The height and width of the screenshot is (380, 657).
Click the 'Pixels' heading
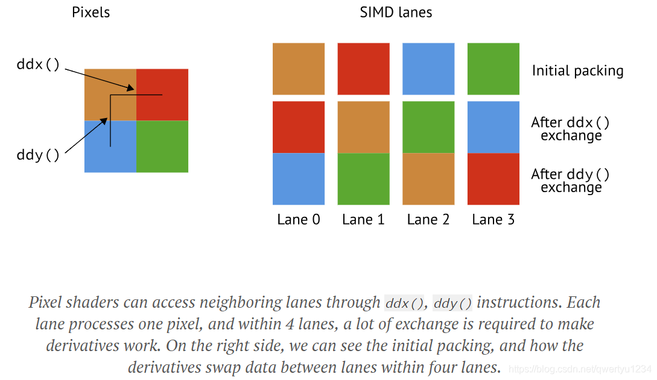click(91, 13)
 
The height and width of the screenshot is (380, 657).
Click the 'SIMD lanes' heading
click(396, 13)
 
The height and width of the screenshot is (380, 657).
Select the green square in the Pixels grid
click(162, 146)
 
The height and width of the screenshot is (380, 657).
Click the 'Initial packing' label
click(577, 71)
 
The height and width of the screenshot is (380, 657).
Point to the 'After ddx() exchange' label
click(571, 129)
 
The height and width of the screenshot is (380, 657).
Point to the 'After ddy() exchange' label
click(571, 181)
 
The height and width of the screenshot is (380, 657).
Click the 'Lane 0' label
click(299, 220)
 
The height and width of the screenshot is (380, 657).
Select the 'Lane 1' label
click(363, 220)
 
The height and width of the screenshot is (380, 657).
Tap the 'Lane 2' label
click(428, 220)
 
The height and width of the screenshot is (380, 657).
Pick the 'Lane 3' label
click(494, 220)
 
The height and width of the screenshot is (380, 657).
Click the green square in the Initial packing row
click(494, 69)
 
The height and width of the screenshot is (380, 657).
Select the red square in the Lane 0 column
click(299, 127)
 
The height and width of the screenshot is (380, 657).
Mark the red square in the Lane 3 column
click(494, 179)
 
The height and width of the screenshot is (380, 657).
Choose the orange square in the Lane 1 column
click(363, 127)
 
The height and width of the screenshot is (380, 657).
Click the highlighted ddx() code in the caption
click(405, 303)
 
